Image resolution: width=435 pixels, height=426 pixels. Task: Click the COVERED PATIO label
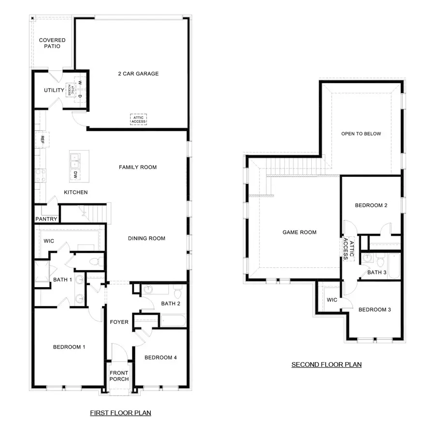click(x=52, y=43)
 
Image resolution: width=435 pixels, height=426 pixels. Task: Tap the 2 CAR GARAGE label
click(x=138, y=74)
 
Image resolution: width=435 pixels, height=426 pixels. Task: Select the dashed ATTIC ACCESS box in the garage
click(x=138, y=119)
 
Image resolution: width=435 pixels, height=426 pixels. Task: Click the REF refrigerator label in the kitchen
click(x=43, y=139)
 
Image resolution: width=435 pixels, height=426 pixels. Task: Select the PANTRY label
click(x=46, y=219)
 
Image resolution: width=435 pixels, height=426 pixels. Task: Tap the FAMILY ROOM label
click(x=138, y=167)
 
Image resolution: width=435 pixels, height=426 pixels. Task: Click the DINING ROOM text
click(x=146, y=238)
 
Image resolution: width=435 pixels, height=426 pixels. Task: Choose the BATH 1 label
click(x=63, y=280)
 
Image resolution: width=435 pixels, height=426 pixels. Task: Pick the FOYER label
click(x=119, y=322)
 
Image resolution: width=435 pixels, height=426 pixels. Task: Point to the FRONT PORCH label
click(x=119, y=376)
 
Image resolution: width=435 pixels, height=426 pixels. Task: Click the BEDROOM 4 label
click(x=160, y=358)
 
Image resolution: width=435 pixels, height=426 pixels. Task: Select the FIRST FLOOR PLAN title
click(x=121, y=413)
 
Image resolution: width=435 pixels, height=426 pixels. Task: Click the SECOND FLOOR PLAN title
click(x=326, y=365)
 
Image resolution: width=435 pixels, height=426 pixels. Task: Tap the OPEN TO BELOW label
click(x=361, y=134)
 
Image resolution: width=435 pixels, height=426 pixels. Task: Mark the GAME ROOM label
click(x=300, y=232)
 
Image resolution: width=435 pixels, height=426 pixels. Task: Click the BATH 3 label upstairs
click(x=377, y=273)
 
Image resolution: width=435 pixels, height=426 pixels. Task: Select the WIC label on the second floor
click(x=332, y=300)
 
